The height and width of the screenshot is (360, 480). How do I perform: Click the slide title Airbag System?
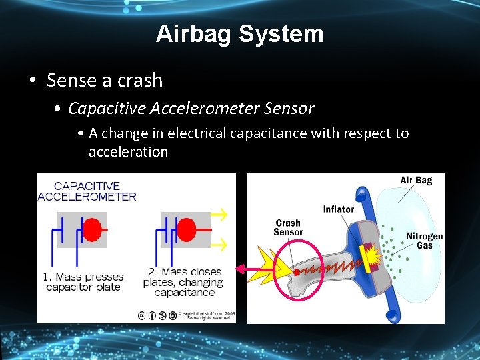(x=239, y=34)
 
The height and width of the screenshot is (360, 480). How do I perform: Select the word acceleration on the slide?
(x=128, y=152)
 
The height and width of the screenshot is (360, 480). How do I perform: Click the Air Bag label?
(x=416, y=180)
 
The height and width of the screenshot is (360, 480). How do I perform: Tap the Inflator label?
(x=339, y=209)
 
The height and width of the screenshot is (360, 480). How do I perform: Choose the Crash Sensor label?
(x=288, y=227)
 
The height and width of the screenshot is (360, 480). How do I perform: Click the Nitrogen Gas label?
(x=425, y=241)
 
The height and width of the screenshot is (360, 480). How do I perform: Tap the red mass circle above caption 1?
(x=92, y=230)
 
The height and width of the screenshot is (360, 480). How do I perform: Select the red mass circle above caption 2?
(x=186, y=230)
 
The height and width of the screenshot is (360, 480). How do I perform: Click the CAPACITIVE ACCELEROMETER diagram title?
(x=87, y=191)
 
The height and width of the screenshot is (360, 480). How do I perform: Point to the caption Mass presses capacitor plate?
(x=83, y=282)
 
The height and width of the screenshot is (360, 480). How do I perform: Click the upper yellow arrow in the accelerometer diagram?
(x=219, y=215)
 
